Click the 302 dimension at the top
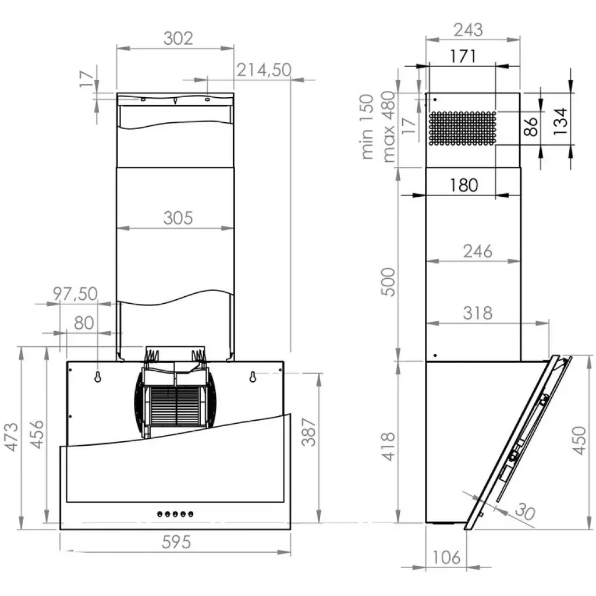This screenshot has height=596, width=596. [x=178, y=38]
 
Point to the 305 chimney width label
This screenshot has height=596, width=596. [x=178, y=218]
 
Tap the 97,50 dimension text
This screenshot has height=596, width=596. [x=75, y=293]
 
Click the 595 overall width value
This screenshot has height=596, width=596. [x=176, y=542]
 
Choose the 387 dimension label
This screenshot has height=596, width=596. [x=311, y=431]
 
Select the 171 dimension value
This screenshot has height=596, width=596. [x=463, y=56]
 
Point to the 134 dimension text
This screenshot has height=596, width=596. [x=560, y=120]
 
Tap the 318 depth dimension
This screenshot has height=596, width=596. [x=477, y=313]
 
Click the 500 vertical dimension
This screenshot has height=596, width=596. [x=388, y=282]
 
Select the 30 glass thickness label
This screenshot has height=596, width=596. [x=524, y=512]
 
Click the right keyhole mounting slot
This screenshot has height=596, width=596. [x=253, y=377]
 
